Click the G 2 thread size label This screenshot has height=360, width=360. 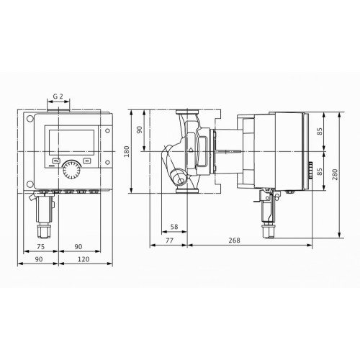[x=58, y=96]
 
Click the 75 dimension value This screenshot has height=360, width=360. [x=41, y=247]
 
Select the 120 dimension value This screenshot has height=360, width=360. [x=84, y=259]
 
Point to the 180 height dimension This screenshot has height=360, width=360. [x=127, y=151]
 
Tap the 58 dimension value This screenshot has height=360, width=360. [x=174, y=227]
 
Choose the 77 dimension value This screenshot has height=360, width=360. [x=169, y=240]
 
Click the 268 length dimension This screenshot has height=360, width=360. [x=234, y=240]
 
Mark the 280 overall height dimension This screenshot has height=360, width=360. [x=335, y=174]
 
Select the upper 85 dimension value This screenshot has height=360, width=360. [x=320, y=132]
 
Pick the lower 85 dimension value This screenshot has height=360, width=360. [x=320, y=171]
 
